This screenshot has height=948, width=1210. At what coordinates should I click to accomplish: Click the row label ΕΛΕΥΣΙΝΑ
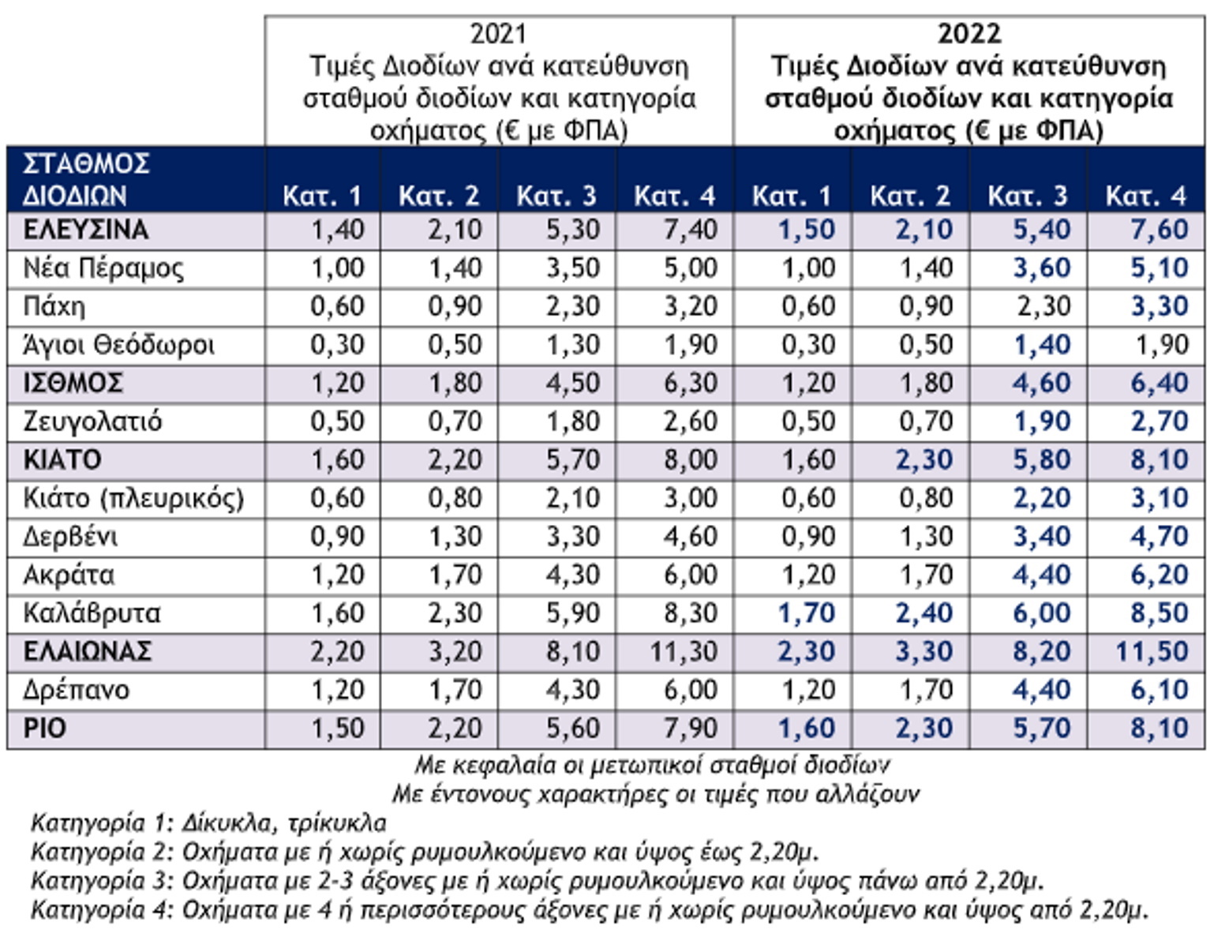coord(86,230)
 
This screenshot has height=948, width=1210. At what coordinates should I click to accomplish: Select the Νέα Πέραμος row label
coord(103,269)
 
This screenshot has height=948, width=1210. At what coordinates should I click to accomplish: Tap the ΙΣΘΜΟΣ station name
coord(73,384)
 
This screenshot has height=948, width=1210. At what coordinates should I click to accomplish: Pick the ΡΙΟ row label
coord(44,729)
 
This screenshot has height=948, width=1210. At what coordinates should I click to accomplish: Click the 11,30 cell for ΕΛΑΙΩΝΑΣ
coord(684,652)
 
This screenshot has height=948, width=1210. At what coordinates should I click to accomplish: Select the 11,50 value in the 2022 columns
coord(1152,652)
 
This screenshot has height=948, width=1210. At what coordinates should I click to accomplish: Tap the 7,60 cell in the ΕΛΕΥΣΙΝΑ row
coord(1159,230)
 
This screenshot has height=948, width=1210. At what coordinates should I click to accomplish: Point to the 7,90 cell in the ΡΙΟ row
coord(691,729)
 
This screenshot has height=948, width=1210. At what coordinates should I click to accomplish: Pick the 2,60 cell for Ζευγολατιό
coord(691,422)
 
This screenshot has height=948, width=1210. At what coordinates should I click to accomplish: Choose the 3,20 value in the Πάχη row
coord(691,307)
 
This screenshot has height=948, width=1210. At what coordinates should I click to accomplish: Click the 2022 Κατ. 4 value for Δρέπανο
coord(1159,690)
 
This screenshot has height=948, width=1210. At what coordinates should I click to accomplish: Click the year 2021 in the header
coord(498,35)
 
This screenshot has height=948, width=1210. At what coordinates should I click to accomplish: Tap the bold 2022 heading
coord(969,35)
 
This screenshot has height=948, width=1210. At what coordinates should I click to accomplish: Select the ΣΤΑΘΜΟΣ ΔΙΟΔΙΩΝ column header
coord(86,180)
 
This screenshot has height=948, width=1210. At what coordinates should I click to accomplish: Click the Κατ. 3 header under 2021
coord(556,196)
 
